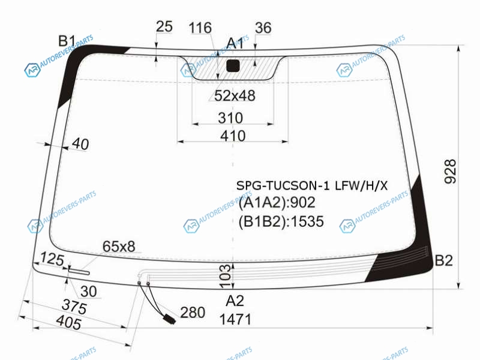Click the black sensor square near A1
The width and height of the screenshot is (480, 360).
pyautogui.click(x=233, y=66)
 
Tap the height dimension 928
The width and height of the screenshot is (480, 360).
pyautogui.click(x=451, y=172)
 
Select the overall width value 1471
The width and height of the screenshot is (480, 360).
pyautogui.click(x=235, y=320)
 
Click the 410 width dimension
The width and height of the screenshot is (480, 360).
pyautogui.click(x=233, y=136)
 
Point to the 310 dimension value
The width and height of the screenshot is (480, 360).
pyautogui.click(x=230, y=118)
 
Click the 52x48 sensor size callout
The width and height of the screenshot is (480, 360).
pyautogui.click(x=235, y=95)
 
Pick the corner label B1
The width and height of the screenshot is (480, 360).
pyautogui.click(x=67, y=41)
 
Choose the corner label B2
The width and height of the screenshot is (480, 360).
pyautogui.click(x=443, y=260)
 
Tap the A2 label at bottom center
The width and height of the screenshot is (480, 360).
pyautogui.click(x=235, y=301)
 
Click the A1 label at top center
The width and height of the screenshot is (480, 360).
pyautogui.click(x=235, y=43)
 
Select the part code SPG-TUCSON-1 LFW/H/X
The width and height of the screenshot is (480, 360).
pyautogui.click(x=312, y=185)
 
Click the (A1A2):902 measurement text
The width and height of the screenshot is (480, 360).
pyautogui.click(x=277, y=202)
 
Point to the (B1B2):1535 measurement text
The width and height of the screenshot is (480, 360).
pyautogui.click(x=281, y=221)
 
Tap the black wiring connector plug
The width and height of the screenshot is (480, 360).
pyautogui.click(x=169, y=319)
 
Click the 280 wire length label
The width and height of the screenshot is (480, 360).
pyautogui.click(x=193, y=313)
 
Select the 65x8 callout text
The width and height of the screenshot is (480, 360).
pyautogui.click(x=119, y=247)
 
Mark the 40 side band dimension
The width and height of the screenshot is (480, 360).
pyautogui.click(x=81, y=144)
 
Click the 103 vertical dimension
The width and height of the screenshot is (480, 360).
pyautogui.click(x=226, y=277)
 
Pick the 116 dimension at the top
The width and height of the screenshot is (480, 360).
pyautogui.click(x=200, y=28)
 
